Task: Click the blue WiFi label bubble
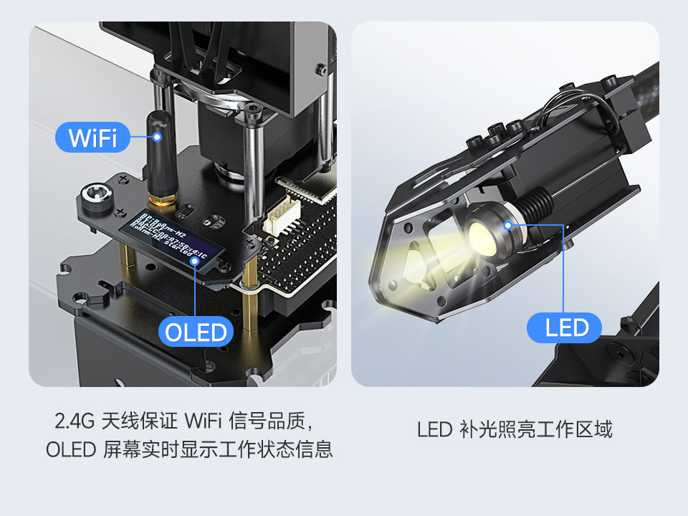92,136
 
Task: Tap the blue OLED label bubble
196,332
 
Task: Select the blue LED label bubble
566,328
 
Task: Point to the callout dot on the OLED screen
195,261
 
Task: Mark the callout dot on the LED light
508,225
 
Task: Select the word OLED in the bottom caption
70,450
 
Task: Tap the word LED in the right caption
434,430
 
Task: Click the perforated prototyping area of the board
301,251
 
